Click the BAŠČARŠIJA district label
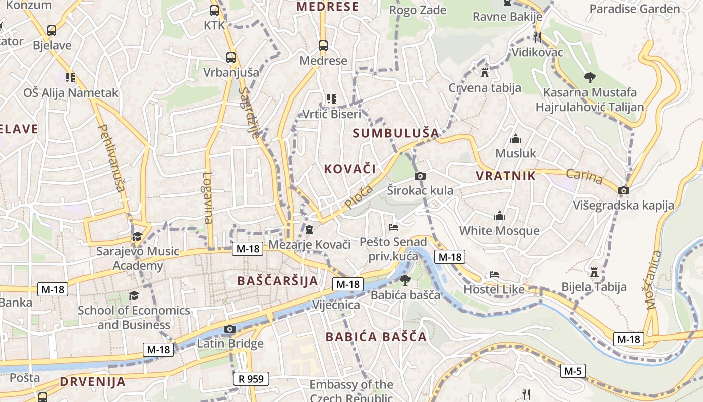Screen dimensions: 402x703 (x=278, y=281)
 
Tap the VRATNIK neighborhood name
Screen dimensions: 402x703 (x=506, y=176)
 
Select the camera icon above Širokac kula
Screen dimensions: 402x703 (x=420, y=176)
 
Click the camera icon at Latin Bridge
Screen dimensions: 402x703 (x=230, y=329)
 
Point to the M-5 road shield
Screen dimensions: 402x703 (x=573, y=371)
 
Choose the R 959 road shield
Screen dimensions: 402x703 (x=251, y=379)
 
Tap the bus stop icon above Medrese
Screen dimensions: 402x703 (x=323, y=46)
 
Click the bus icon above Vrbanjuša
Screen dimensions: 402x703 (x=231, y=57)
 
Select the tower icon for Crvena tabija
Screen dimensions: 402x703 (x=485, y=73)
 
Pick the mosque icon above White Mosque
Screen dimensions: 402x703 (x=500, y=216)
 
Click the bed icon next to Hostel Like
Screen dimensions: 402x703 (x=494, y=275)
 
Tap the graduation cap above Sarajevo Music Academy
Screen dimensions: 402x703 (x=137, y=236)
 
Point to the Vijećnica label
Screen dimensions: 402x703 (x=336, y=305)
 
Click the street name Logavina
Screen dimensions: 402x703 (x=208, y=198)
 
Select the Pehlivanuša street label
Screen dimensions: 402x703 (x=112, y=159)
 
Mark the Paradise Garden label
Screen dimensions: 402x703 (x=634, y=9)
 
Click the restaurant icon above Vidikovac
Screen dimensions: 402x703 (x=537, y=37)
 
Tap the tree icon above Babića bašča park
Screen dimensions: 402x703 (x=405, y=280)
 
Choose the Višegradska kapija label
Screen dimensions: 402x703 (x=624, y=205)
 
